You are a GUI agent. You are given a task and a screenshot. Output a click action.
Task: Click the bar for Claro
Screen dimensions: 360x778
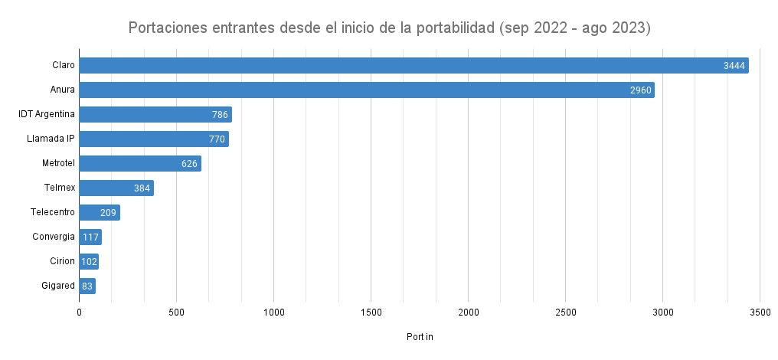414,66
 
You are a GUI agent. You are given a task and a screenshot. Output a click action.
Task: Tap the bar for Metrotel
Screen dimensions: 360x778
139,164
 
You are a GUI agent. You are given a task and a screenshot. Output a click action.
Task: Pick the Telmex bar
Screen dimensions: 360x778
116,188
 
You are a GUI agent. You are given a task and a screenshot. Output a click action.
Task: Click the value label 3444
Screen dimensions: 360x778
734,66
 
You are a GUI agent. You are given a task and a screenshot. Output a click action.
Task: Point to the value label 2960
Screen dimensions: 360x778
640,90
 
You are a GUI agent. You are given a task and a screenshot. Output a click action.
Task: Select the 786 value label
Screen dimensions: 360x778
220,115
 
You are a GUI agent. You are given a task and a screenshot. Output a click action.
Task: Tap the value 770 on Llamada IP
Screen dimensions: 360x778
217,139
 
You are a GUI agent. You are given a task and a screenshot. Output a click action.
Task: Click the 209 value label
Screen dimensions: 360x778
108,213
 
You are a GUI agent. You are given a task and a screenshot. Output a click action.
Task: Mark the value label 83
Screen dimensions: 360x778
87,286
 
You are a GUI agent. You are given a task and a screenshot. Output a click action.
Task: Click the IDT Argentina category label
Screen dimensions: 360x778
47,114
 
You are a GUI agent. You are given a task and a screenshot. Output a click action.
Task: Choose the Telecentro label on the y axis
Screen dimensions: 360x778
53,212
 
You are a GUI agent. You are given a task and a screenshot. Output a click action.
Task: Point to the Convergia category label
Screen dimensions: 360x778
54,237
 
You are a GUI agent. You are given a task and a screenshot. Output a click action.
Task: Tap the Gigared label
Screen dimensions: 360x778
58,286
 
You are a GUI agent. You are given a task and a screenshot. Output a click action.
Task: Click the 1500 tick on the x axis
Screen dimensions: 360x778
371,313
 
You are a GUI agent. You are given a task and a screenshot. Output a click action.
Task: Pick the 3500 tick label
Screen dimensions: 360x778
760,313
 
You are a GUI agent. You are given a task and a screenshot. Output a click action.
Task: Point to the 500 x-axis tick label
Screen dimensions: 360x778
176,313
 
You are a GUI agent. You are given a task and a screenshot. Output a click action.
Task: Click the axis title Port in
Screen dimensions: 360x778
420,337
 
